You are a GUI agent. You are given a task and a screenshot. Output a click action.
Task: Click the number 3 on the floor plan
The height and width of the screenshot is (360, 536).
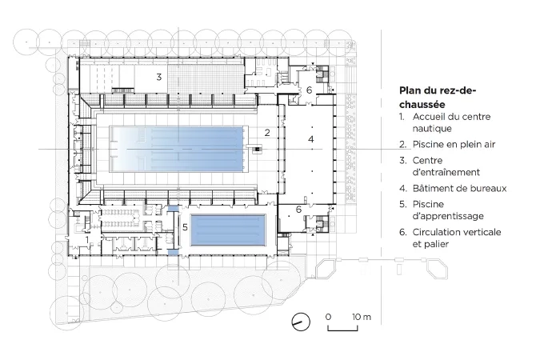click(159, 78)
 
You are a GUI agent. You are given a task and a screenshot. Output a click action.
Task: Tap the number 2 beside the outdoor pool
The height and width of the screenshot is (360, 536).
click(267, 133)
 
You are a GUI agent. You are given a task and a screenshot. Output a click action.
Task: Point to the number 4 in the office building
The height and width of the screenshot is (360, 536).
click(310, 139)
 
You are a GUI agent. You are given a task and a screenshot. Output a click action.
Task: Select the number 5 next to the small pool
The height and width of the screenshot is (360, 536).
click(185, 227)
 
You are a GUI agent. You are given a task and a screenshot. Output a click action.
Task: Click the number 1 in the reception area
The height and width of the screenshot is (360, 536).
click(87, 240)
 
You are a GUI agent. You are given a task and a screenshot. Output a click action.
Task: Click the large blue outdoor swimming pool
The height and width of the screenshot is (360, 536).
click(176, 150)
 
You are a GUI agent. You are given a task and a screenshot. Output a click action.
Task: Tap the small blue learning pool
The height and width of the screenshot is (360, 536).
click(228, 230)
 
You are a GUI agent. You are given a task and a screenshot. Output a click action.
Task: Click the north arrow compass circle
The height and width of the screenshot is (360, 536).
click(301, 322)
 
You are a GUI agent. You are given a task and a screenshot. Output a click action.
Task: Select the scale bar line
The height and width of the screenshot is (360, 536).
click(343, 329)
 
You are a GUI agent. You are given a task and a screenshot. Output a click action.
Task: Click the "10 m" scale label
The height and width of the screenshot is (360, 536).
click(362, 317)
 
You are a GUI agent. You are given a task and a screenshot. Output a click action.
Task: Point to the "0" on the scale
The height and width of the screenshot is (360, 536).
click(328, 317)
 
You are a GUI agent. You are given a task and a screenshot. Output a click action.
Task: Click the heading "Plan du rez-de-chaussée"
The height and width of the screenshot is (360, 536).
click(438, 98)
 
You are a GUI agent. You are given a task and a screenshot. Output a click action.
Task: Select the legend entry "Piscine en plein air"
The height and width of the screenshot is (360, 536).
click(454, 144)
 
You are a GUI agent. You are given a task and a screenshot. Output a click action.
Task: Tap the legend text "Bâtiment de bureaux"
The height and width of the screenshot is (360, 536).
click(459, 188)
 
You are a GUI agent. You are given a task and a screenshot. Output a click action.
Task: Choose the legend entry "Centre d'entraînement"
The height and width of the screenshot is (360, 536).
click(446, 166)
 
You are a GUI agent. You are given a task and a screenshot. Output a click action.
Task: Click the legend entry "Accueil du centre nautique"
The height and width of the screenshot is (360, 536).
click(451, 122)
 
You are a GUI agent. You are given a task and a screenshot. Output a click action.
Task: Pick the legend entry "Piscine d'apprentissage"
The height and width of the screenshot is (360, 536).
click(448, 210)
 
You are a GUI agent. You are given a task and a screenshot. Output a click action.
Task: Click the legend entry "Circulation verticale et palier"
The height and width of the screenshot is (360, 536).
click(457, 238)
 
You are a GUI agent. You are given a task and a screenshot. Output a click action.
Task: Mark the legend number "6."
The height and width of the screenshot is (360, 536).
click(403, 232)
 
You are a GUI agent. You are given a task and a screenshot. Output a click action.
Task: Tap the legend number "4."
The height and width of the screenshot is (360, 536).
click(403, 188)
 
